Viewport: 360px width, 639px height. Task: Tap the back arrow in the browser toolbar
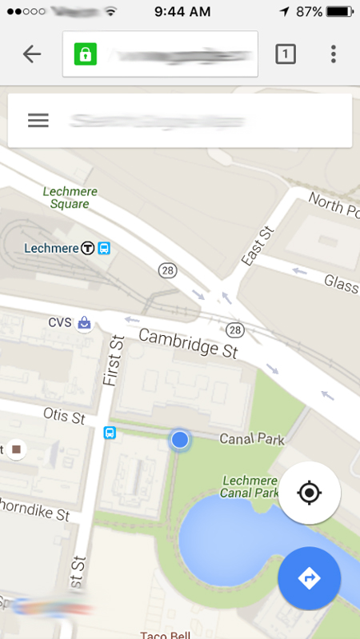pos(32,54)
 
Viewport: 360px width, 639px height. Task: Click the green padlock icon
pos(86,54)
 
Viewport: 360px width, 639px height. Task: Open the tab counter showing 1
pos(286,54)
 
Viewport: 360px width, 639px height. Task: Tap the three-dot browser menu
pos(333,54)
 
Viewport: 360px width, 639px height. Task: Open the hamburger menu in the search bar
pos(38,120)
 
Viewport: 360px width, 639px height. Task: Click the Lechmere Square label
pos(66,198)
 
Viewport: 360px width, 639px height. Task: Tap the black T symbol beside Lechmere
pos(88,248)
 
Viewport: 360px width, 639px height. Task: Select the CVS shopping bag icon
pos(83,323)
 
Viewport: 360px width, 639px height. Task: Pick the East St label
pos(258,246)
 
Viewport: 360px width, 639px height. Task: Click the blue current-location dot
pos(180,439)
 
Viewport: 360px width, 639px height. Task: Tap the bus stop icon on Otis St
pos(110,433)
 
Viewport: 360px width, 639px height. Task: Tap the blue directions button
pos(310,578)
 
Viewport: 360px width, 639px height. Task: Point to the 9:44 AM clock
pos(182,12)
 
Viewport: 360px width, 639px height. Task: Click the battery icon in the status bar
pos(339,12)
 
